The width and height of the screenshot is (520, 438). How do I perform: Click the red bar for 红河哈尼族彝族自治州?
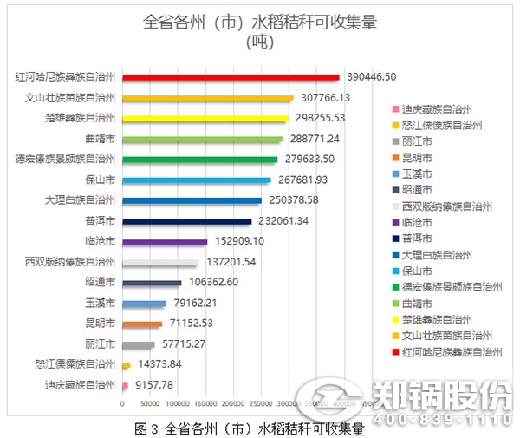tap(231, 77)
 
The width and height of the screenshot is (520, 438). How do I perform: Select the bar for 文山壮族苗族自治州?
tap(208, 98)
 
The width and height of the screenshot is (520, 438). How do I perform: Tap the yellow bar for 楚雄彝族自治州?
tap(205, 118)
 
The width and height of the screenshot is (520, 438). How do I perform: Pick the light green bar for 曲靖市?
tap(203, 139)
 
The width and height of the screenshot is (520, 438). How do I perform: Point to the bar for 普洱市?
tap(187, 221)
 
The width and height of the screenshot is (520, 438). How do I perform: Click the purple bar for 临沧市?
tap(165, 242)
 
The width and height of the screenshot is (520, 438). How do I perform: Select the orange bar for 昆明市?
tap(142, 324)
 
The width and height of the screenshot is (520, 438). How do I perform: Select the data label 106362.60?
tap(212, 283)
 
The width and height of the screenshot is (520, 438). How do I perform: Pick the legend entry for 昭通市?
tap(421, 190)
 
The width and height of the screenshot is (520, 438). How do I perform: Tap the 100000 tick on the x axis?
tap(179, 404)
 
